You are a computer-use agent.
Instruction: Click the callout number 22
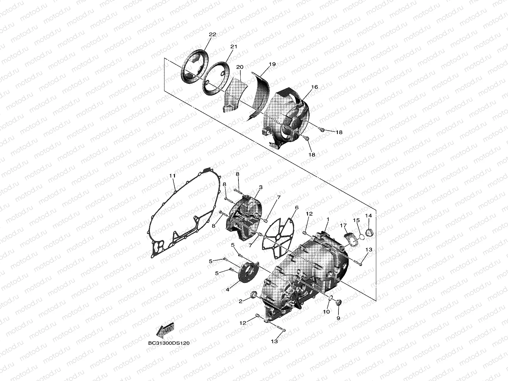pyautogui.click(x=212, y=35)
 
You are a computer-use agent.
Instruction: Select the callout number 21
pyautogui.click(x=234, y=46)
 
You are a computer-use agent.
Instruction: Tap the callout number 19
pyautogui.click(x=272, y=64)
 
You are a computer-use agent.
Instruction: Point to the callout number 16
pyautogui.click(x=315, y=87)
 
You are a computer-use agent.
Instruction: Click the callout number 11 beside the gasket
pyautogui.click(x=172, y=176)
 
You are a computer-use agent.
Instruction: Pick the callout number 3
pyautogui.click(x=261, y=187)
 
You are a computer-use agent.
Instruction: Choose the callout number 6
pyautogui.click(x=297, y=208)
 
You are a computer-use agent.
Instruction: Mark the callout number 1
pyautogui.click(x=328, y=219)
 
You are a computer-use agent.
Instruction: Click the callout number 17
pyautogui.click(x=343, y=225)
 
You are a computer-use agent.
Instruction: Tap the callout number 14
pyautogui.click(x=368, y=216)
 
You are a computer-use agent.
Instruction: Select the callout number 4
pyautogui.click(x=228, y=289)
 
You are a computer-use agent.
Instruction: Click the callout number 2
pyautogui.click(x=241, y=301)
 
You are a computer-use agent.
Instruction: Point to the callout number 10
pyautogui.click(x=326, y=311)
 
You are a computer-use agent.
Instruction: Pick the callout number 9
pyautogui.click(x=338, y=318)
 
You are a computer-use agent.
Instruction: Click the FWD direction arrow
pyautogui.click(x=165, y=330)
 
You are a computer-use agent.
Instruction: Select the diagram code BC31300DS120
pyautogui.click(x=169, y=343)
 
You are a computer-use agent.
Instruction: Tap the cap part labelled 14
pyautogui.click(x=369, y=232)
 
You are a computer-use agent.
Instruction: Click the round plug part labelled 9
pyautogui.click(x=338, y=302)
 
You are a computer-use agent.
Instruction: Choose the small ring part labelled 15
pyautogui.click(x=362, y=237)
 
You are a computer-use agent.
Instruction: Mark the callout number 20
pyautogui.click(x=240, y=67)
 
